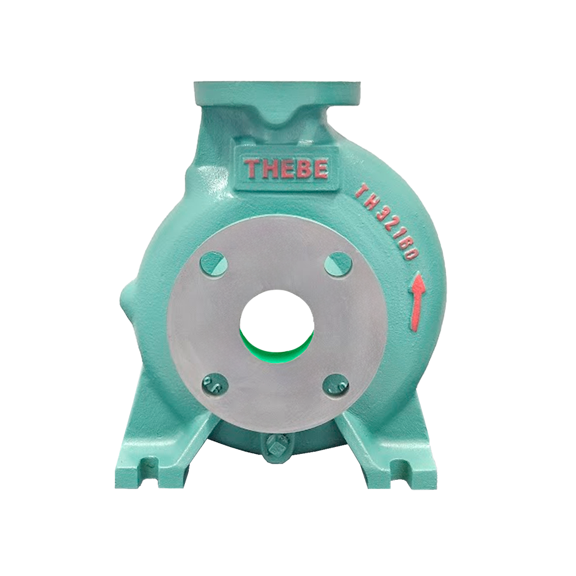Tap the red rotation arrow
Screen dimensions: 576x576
coord(417,300)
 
